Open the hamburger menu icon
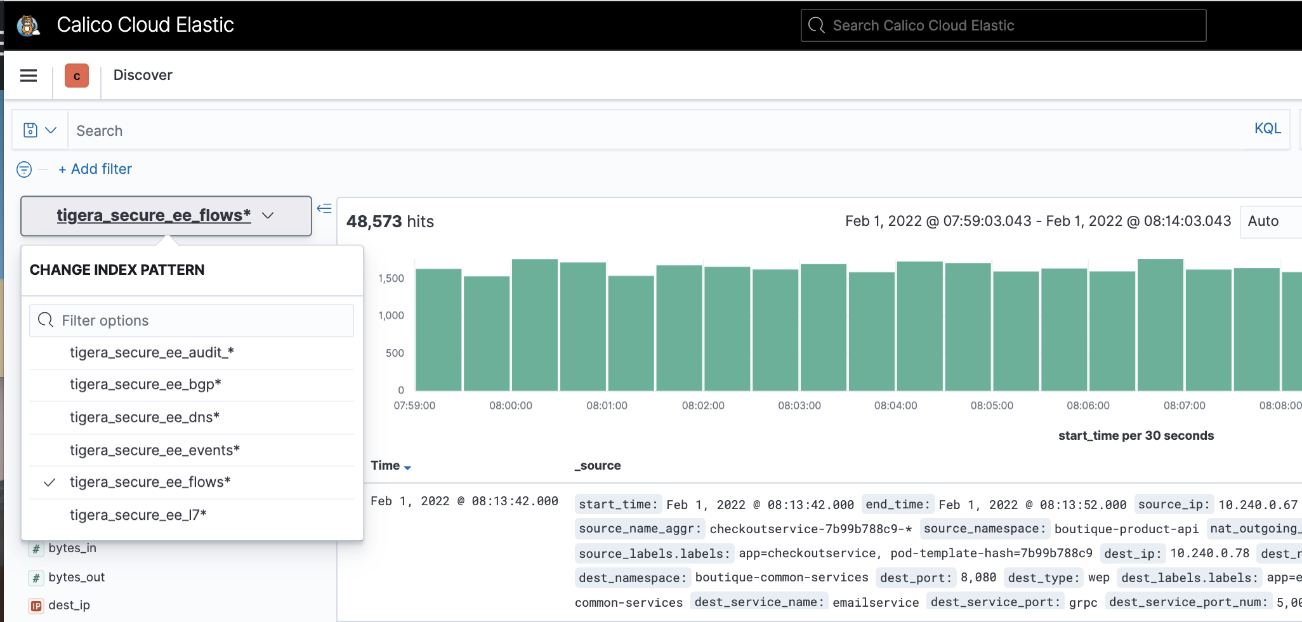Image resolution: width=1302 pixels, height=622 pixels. point(29,76)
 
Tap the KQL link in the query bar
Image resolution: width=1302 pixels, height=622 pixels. point(1267,129)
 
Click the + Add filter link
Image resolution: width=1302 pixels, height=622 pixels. point(95,169)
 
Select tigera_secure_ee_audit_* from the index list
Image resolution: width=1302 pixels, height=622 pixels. point(152,353)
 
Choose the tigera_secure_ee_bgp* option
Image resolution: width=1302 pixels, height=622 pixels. point(145,385)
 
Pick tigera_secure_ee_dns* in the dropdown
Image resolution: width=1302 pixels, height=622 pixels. point(145,418)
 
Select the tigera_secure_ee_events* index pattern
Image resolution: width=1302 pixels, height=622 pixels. point(155,451)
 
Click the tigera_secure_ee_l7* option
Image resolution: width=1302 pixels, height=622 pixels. point(138,515)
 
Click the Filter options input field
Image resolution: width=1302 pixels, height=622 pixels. point(192,321)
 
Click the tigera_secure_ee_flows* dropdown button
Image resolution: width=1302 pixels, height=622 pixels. point(166,216)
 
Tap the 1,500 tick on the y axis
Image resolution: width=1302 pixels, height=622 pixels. point(391,279)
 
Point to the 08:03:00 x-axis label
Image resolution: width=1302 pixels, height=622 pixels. point(799,406)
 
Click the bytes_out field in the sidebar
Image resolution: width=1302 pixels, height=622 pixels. point(76,578)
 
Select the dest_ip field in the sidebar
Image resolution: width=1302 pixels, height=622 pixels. point(69,605)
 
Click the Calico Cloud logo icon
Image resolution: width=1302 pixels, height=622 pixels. point(27,25)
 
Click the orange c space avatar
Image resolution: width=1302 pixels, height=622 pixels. point(77,76)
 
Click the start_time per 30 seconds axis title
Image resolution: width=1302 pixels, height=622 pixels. point(1135,436)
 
